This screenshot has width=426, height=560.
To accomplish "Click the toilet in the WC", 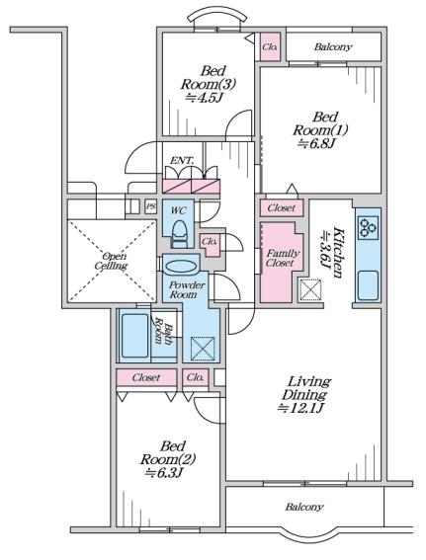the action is coord(180,234).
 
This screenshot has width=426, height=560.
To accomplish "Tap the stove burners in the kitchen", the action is coord(368,228).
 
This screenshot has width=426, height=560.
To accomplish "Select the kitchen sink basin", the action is coord(368,285).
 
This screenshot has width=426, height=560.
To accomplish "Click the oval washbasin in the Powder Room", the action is coord(182,267).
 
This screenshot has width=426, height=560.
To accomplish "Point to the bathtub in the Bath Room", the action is coord(134,336).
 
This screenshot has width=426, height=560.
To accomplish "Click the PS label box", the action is coord(151,207).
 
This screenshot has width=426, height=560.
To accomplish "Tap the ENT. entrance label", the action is coord(182,161).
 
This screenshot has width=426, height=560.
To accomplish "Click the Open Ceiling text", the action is coord(112,261).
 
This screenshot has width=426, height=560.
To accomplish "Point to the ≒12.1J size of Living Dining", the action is coord(301,408).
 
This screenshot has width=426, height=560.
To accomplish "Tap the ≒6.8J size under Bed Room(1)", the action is coord(316,143).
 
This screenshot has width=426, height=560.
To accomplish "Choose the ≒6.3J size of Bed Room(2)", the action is coord(164,472).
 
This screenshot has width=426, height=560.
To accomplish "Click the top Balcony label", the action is coord(333,46).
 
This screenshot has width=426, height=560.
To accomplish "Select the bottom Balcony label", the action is coord(304,507).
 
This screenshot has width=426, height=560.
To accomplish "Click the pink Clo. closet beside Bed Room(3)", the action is coord(270,46).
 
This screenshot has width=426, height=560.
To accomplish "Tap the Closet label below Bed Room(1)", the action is coord(282,207).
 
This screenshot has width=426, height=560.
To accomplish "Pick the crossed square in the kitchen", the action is coord(309,289).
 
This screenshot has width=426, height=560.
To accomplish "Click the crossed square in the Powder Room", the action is coord(203,349).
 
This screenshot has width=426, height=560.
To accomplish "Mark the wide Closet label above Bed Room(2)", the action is coord(146,377).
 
